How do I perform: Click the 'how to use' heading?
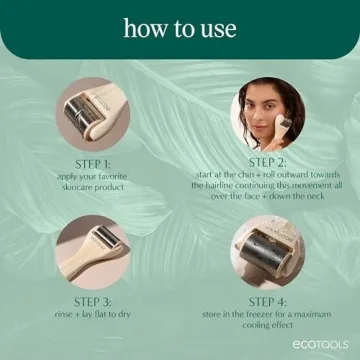click(179, 28)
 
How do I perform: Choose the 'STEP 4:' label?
click(268, 300)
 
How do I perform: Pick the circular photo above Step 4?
click(268, 251)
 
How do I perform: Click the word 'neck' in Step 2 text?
click(318, 197)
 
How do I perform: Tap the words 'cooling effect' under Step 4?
click(268, 325)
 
